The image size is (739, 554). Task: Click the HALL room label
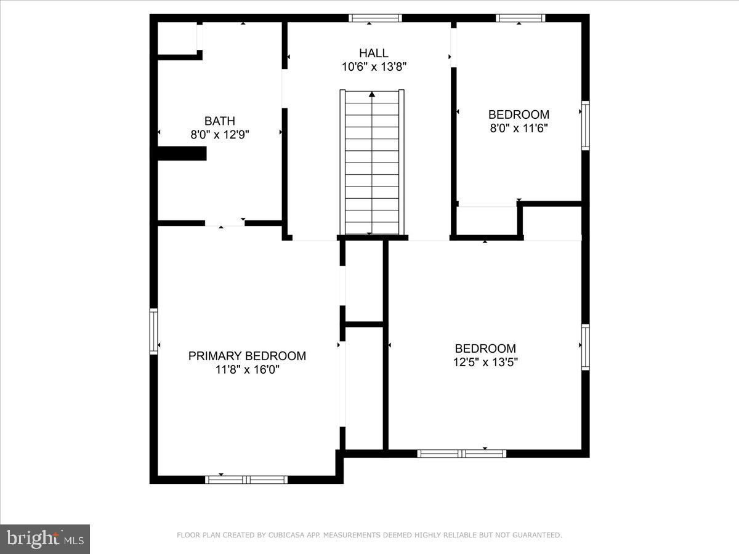(x=374, y=53)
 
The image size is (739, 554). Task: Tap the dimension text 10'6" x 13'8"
(x=374, y=66)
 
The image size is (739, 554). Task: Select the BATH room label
(x=220, y=121)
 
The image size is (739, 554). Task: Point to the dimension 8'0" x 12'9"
(x=220, y=134)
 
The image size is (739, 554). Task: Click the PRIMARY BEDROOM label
(x=247, y=356)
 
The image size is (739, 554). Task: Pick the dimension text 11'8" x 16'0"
(x=247, y=369)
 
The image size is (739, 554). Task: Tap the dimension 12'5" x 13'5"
(x=485, y=362)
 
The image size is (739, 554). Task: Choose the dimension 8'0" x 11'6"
(x=519, y=128)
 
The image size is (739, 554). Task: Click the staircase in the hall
(x=372, y=163)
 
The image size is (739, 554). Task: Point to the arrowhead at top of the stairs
(x=372, y=94)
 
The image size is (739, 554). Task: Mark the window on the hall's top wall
(x=375, y=18)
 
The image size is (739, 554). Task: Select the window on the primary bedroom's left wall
(x=154, y=331)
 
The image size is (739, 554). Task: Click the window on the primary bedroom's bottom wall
(x=246, y=480)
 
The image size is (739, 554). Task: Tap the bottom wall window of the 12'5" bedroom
(x=462, y=454)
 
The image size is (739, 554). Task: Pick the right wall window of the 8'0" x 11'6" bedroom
(x=586, y=126)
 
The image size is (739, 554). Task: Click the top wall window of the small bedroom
(x=520, y=18)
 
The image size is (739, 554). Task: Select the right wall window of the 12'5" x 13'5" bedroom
(x=586, y=347)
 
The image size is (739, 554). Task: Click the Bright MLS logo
(x=45, y=539)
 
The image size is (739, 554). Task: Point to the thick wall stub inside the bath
(x=182, y=153)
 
